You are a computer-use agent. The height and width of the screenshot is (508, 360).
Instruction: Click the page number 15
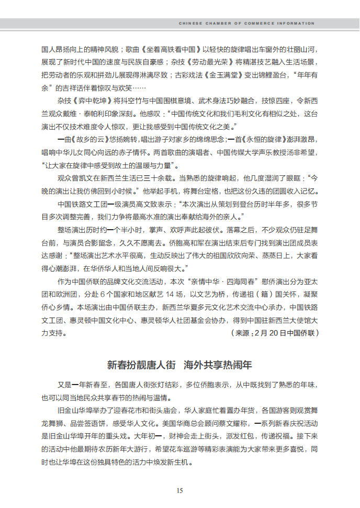pyautogui.click(x=179, y=490)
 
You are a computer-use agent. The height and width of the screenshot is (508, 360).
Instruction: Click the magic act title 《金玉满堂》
pyautogui.click(x=223, y=74)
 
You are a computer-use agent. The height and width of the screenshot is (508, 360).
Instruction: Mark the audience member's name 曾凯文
pyautogui.click(x=87, y=178)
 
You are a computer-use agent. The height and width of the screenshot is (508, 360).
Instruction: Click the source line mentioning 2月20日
pyautogui.click(x=274, y=333)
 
